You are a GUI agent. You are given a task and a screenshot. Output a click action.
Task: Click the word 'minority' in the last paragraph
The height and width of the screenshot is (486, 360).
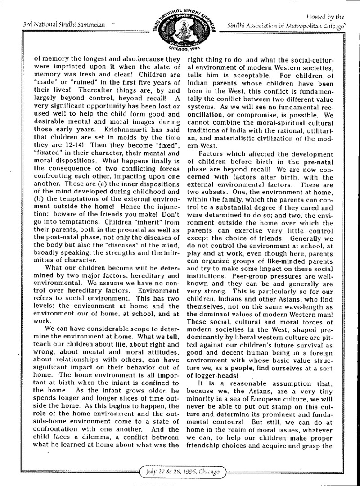point(201,400)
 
